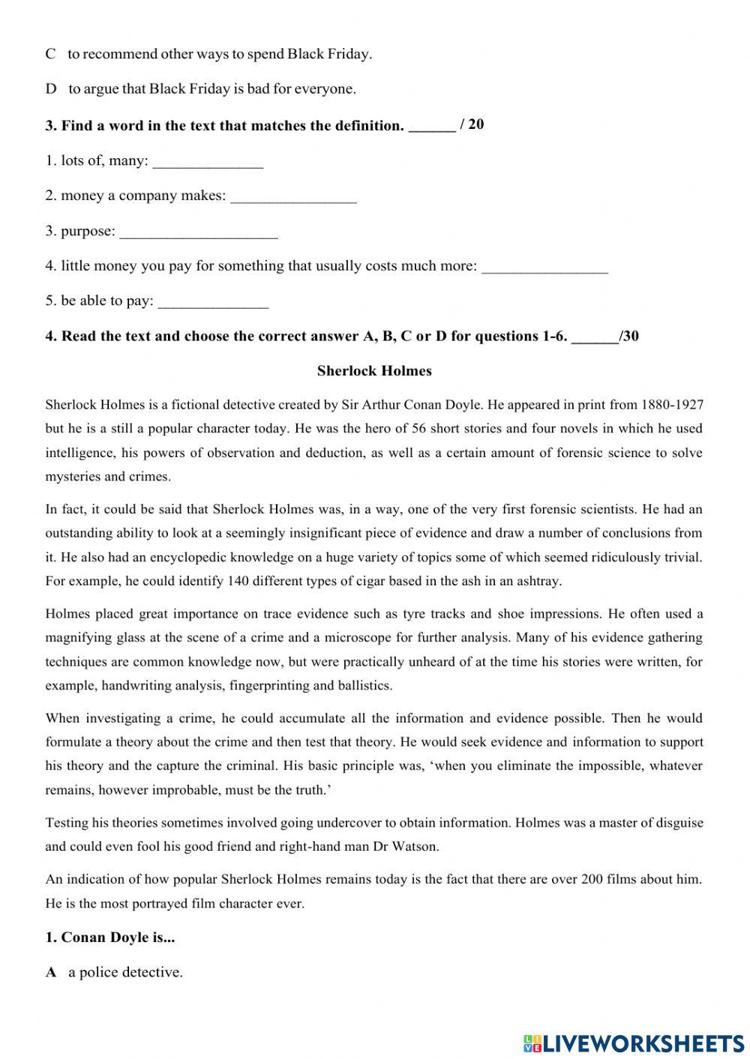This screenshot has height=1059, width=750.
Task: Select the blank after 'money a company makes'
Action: coord(293,197)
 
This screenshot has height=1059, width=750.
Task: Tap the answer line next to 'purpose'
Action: coord(199,232)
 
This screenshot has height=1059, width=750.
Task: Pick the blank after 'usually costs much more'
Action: coord(544,268)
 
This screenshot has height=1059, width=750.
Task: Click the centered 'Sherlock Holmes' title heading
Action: coord(374,370)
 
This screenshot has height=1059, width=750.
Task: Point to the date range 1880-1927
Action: coord(672,405)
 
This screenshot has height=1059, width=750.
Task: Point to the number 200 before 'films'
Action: coord(592,879)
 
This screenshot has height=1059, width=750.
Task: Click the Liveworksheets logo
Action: coord(634,1043)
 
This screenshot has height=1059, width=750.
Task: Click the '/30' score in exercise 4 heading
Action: coord(628,336)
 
